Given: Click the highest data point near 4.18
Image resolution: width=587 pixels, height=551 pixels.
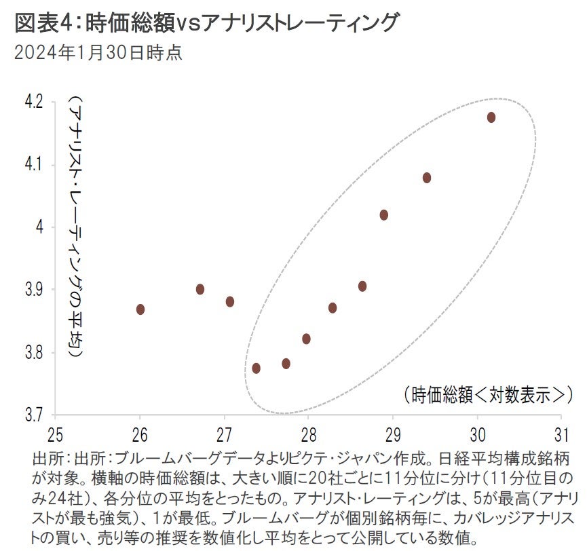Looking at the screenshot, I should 491,117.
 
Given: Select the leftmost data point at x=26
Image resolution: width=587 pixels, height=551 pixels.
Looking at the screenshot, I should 140,309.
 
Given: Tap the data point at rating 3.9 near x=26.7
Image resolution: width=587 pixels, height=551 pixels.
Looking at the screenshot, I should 200,289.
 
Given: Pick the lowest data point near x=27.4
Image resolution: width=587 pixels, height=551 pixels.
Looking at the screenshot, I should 257,368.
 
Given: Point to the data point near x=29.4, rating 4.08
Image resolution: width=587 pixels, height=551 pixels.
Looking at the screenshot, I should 427,178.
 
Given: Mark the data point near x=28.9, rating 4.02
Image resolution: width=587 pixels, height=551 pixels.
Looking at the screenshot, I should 384,215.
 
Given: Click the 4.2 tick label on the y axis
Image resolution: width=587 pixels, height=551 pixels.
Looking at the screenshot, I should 33,102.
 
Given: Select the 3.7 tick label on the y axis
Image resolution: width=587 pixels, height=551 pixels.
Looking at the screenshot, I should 33,415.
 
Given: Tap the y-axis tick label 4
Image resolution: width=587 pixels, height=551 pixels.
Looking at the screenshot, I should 40,227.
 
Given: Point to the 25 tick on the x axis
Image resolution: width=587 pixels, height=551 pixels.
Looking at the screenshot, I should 56,433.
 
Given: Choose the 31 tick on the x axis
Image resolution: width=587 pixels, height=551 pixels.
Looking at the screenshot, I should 561,433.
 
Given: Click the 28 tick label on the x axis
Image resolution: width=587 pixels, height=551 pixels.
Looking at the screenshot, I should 308,433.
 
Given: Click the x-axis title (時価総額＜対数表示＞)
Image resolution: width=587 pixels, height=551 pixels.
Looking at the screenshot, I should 483,394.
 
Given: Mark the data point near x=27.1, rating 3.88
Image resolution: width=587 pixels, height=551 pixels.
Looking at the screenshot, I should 230,302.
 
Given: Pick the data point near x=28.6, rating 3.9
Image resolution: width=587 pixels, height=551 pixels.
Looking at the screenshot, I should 362,286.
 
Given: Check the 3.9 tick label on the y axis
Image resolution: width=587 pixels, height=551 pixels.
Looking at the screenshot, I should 33,290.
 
